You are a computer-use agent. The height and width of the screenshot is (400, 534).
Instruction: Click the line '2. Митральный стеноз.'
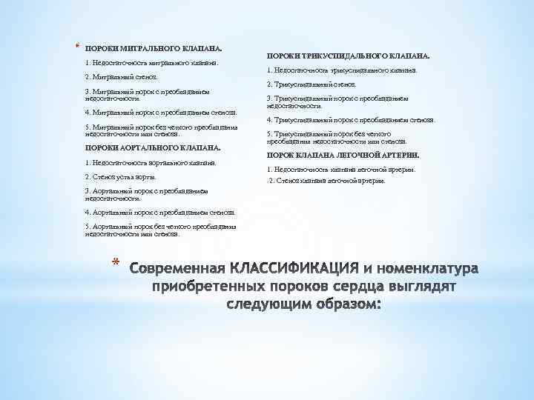(x=121, y=77)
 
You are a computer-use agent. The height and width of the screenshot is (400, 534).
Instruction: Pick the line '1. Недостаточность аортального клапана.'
(x=151, y=162)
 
